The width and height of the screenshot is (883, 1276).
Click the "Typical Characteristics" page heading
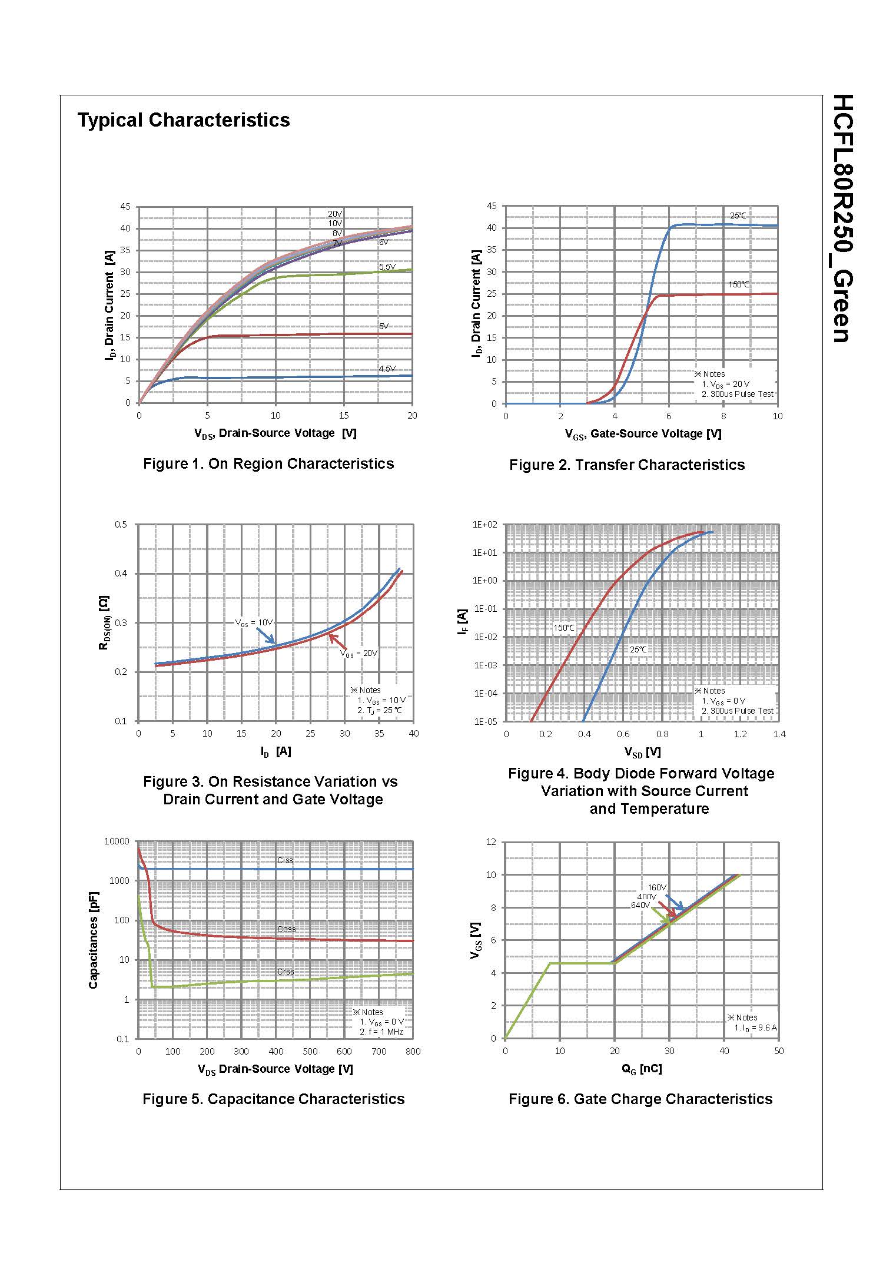pyautogui.click(x=184, y=120)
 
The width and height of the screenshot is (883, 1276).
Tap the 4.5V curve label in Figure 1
pyautogui.click(x=387, y=369)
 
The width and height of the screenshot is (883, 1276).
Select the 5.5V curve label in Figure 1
pyautogui.click(x=387, y=267)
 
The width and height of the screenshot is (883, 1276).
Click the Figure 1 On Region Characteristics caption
pyautogui.click(x=268, y=464)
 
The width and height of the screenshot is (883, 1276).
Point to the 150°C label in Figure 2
pyautogui.click(x=739, y=284)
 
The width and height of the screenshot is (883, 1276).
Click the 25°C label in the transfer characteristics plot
pyautogui.click(x=738, y=216)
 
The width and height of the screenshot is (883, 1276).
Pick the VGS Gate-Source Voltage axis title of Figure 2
pyautogui.click(x=643, y=434)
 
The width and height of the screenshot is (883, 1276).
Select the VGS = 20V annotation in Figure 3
pyautogui.click(x=359, y=653)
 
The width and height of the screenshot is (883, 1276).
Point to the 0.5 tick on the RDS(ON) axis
pyautogui.click(x=120, y=524)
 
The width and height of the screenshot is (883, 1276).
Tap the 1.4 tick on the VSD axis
pyautogui.click(x=779, y=734)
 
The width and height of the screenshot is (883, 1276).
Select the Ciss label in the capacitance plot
pyautogui.click(x=285, y=860)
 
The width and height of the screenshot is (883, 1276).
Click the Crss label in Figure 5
pyautogui.click(x=286, y=972)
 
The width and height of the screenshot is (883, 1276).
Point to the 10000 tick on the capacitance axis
pyautogui.click(x=116, y=841)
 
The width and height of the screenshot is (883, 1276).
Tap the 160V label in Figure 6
pyautogui.click(x=657, y=887)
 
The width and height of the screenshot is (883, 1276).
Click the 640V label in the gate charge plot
pyautogui.click(x=640, y=905)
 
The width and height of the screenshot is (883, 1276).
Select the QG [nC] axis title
pyautogui.click(x=642, y=1069)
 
